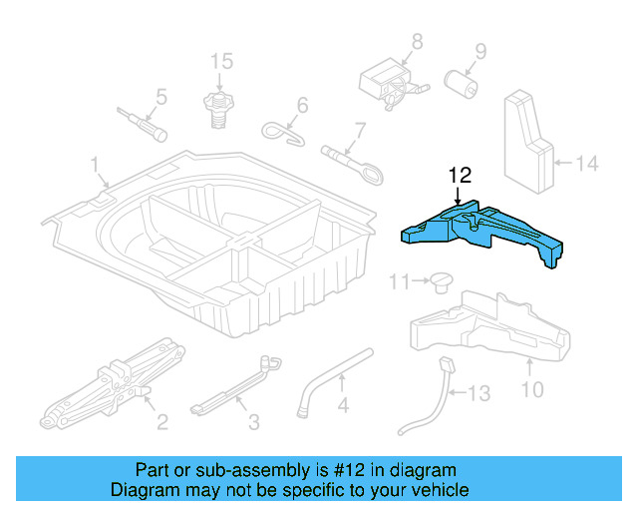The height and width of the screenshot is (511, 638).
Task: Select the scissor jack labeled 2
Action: click(110, 385)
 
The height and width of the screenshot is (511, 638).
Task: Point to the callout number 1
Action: click(96, 164)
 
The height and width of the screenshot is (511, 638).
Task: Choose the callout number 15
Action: click(221, 62)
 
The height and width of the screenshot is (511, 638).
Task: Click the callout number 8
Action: click(417, 41)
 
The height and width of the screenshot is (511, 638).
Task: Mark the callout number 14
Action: click(587, 162)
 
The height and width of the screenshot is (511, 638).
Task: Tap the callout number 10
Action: click(532, 388)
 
